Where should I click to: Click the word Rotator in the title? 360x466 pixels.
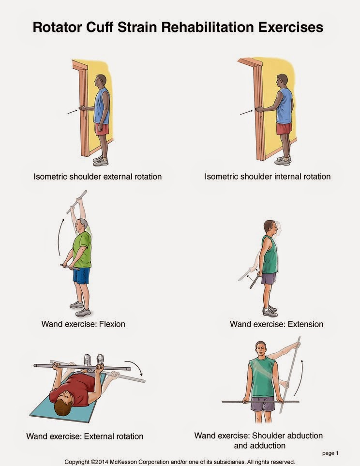(x=57, y=28)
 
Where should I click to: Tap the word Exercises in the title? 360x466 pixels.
(x=290, y=28)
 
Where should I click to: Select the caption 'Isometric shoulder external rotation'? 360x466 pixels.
(x=98, y=177)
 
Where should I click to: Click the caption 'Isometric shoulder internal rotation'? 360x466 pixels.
(x=268, y=177)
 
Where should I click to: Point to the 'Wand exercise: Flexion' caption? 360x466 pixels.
(x=83, y=324)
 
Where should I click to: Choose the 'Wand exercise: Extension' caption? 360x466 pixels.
(x=276, y=324)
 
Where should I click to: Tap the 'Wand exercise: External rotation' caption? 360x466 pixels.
(x=85, y=436)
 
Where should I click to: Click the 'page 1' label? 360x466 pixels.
(x=330, y=453)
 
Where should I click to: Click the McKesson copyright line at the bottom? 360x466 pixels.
(x=180, y=462)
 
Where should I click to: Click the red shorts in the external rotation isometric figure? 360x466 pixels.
(x=102, y=129)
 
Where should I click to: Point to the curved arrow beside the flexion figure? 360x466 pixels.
(x=60, y=237)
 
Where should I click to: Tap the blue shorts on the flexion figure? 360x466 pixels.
(x=81, y=275)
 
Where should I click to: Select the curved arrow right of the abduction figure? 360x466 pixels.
(x=300, y=377)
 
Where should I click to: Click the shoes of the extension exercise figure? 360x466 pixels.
(x=270, y=311)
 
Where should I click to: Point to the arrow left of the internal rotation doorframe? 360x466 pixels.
(x=246, y=113)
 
